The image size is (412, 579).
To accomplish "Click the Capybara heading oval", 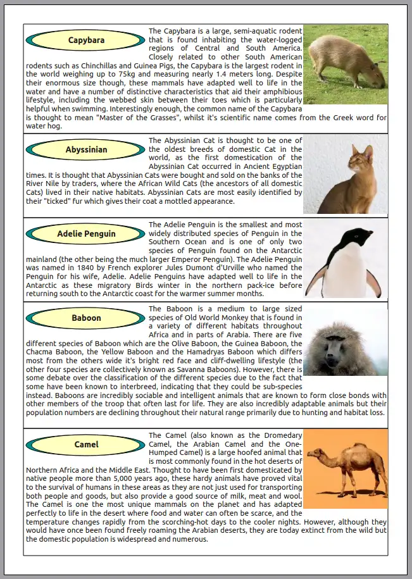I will pyautogui.click(x=87, y=41).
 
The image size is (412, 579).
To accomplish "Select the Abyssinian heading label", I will pyautogui.click(x=87, y=150).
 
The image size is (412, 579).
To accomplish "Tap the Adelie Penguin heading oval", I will pyautogui.click(x=87, y=233).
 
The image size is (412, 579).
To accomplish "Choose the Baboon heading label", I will pyautogui.click(x=87, y=318).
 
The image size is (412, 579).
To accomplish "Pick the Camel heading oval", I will pyautogui.click(x=87, y=444).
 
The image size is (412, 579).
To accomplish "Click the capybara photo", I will pyautogui.click(x=345, y=65).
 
